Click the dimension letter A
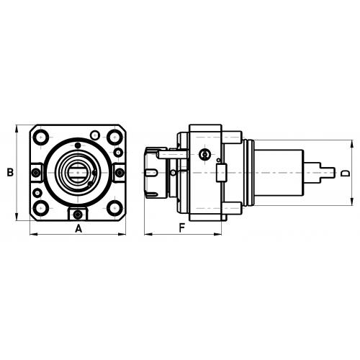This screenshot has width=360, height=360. point(78,229)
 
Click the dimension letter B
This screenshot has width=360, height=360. point(10,172)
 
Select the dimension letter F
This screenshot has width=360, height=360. point(182,228)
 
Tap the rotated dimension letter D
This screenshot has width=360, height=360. point(346,174)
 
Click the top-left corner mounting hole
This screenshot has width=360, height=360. point(41,138)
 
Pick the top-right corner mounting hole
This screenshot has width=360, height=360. point(114,138)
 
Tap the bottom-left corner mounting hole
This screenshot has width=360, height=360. point(41,208)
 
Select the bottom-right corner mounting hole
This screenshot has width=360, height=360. point(114,208)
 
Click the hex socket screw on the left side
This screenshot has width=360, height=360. point(36,172)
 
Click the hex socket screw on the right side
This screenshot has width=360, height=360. point(120,172)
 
